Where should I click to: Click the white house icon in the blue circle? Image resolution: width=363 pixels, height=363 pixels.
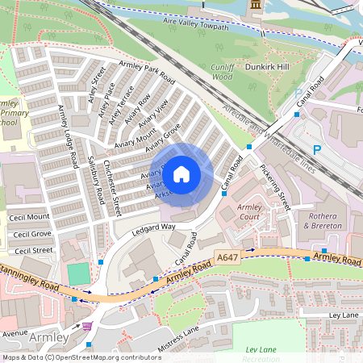point(181,173)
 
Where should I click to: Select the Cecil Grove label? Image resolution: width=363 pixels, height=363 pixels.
point(30,235)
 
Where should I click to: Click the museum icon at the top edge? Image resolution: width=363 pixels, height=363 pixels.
point(257,5)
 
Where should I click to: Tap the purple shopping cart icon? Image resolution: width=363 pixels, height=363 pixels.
point(86,325)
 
